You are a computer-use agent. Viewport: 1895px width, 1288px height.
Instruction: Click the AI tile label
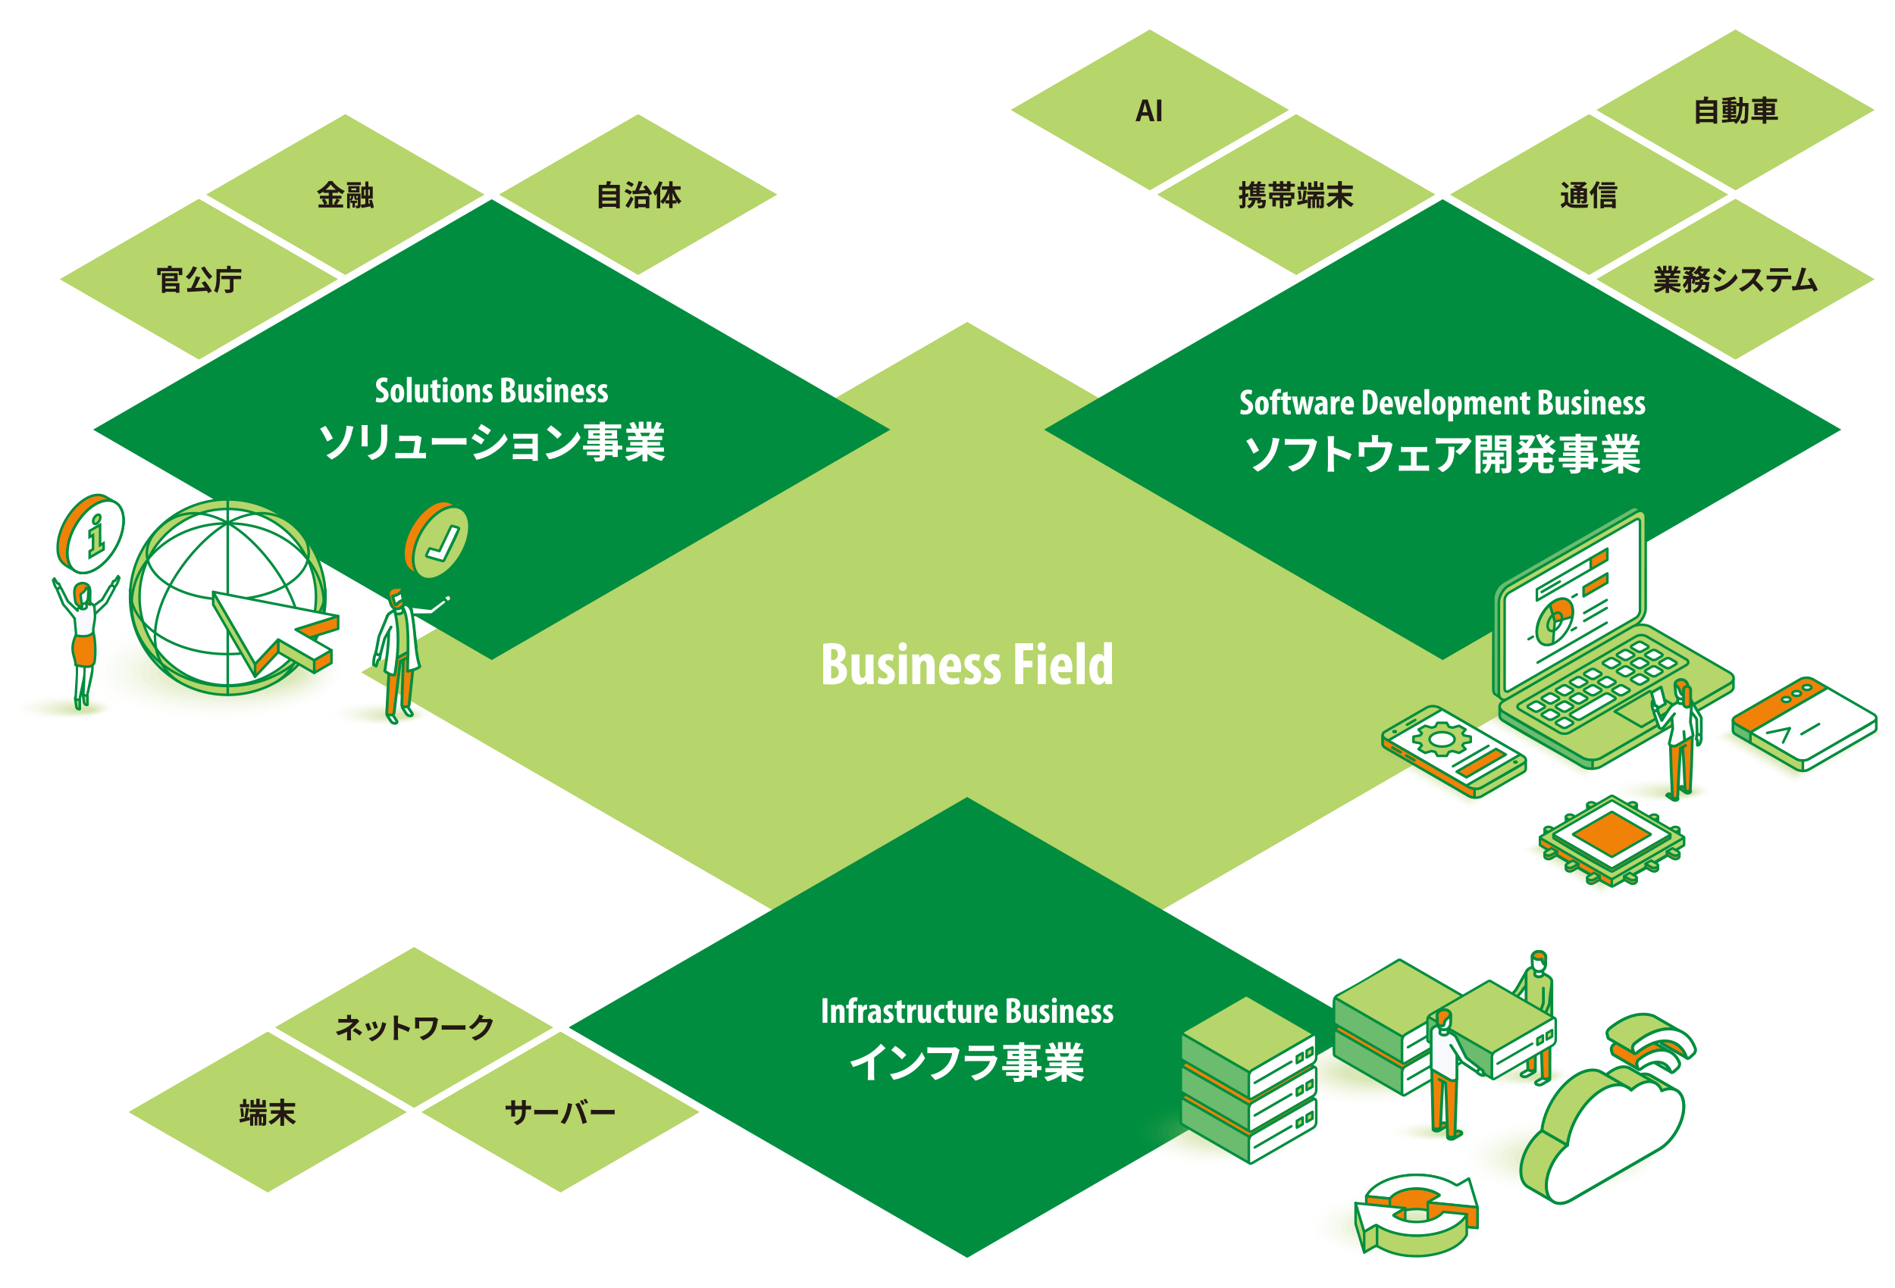click(1148, 111)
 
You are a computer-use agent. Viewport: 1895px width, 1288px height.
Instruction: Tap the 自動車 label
click(1734, 111)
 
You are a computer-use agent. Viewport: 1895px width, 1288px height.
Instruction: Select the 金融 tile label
click(345, 195)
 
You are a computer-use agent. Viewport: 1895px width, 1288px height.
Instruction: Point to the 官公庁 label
click(199, 280)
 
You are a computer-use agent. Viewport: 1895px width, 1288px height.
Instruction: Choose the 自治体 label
click(637, 195)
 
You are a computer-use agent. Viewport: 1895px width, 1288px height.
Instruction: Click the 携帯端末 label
click(1295, 195)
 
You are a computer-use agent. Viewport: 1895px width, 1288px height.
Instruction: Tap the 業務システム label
click(1734, 280)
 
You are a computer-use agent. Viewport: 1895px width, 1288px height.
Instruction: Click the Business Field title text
click(966, 664)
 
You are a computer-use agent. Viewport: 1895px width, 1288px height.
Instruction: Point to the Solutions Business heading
click(491, 391)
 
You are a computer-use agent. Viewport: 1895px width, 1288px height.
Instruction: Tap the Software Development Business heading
click(1442, 404)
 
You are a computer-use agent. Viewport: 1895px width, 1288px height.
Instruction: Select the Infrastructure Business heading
click(966, 1011)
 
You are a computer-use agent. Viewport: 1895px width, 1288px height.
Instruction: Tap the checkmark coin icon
click(439, 540)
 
